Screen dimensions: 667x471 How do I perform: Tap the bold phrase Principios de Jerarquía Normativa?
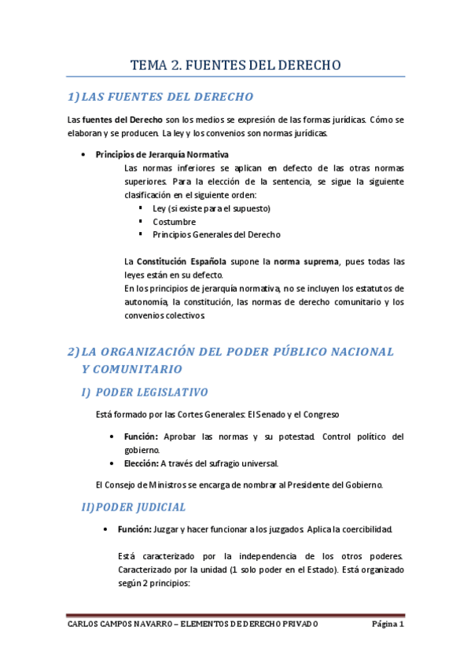pos(162,154)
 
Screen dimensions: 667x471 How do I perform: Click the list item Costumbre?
pos(175,222)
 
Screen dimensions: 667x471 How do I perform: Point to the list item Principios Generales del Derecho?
pos(216,234)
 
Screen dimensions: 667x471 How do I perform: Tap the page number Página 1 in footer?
pos(388,625)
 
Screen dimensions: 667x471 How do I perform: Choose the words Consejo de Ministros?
pos(145,485)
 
